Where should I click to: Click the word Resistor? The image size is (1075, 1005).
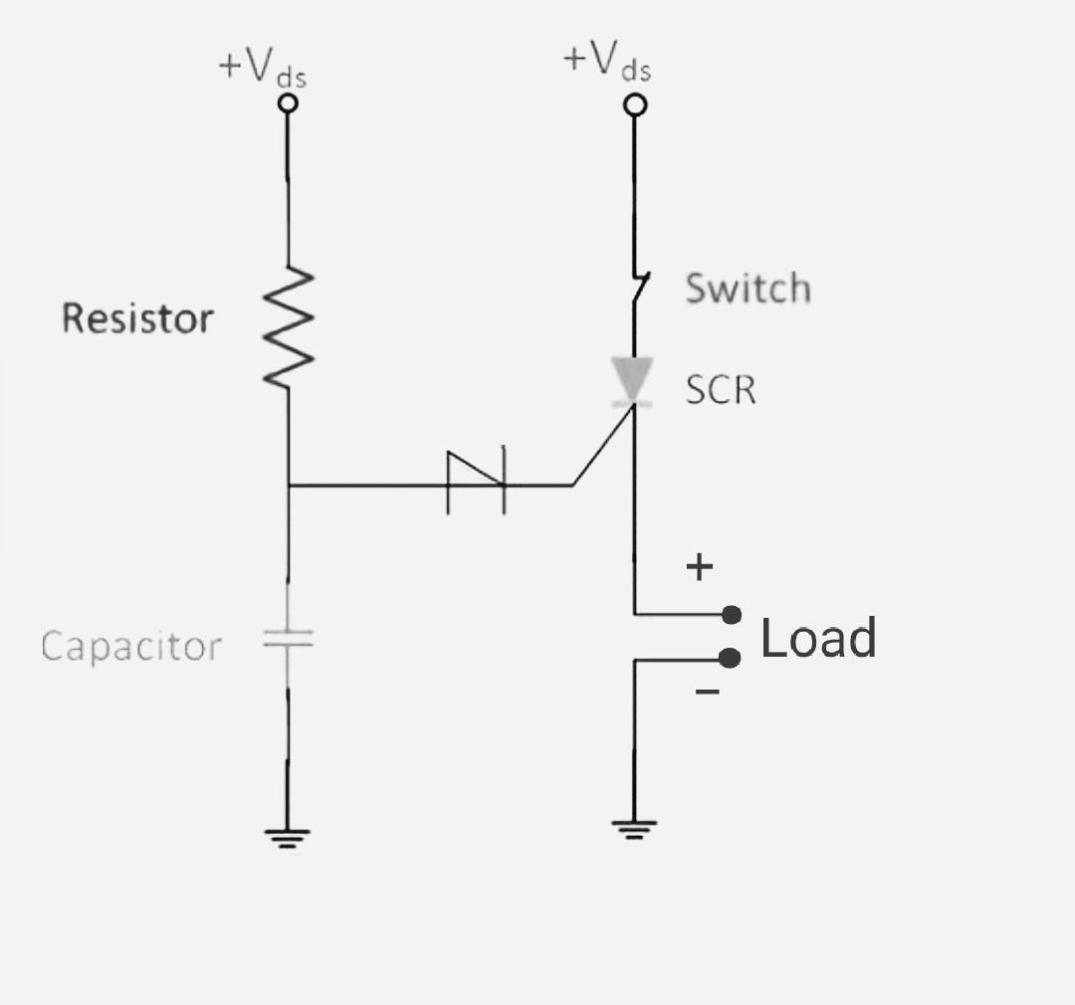point(137,318)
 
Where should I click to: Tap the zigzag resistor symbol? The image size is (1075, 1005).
point(289,327)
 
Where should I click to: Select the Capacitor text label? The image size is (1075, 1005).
point(130,647)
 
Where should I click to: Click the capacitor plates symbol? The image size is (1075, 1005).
point(288,638)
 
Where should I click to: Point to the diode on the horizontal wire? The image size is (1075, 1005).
point(477,485)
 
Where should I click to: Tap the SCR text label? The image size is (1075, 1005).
point(721,390)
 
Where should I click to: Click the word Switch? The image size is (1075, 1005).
point(748,289)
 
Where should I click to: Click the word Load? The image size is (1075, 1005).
point(818,638)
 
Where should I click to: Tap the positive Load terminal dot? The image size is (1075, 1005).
point(732,614)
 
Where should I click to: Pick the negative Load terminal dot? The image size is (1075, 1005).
point(732,658)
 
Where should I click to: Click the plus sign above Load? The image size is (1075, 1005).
point(701,567)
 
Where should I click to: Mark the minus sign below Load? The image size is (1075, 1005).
point(707,691)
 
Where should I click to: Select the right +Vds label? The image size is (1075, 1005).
point(606,61)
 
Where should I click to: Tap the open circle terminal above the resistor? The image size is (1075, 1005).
point(288,102)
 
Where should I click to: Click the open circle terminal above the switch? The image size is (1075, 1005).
point(634,104)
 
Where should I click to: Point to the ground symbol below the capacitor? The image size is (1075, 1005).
point(288,838)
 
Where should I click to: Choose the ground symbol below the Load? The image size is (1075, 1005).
point(633,829)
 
